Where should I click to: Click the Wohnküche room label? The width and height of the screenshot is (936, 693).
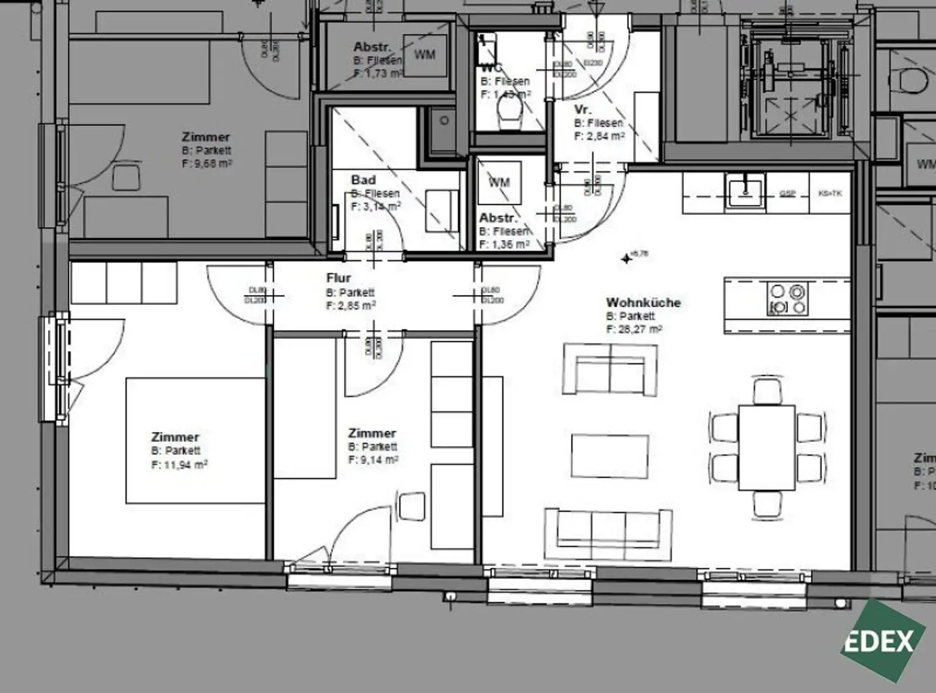tap(643, 302)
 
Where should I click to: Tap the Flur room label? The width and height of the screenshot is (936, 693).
tap(338, 279)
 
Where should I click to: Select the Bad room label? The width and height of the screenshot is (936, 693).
tap(363, 180)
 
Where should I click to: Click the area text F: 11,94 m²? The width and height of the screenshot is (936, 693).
tap(180, 465)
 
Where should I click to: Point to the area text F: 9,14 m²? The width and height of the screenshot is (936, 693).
tap(373, 460)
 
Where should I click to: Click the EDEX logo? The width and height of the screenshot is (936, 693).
tap(879, 640)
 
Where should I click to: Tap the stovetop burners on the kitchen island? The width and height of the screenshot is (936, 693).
tap(787, 299)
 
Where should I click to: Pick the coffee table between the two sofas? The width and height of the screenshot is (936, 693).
tap(609, 456)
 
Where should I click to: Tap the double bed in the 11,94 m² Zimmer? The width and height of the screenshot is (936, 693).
tap(196, 441)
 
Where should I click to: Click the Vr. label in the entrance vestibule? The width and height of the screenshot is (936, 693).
tap(583, 110)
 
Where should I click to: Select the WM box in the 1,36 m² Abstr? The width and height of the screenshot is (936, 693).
tap(499, 182)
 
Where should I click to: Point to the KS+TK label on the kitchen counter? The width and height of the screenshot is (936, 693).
tap(829, 193)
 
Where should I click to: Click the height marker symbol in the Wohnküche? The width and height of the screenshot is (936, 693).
tap(626, 259)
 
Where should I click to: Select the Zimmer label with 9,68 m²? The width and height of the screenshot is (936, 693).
tap(206, 137)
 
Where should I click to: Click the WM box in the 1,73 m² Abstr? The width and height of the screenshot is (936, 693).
tap(425, 55)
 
